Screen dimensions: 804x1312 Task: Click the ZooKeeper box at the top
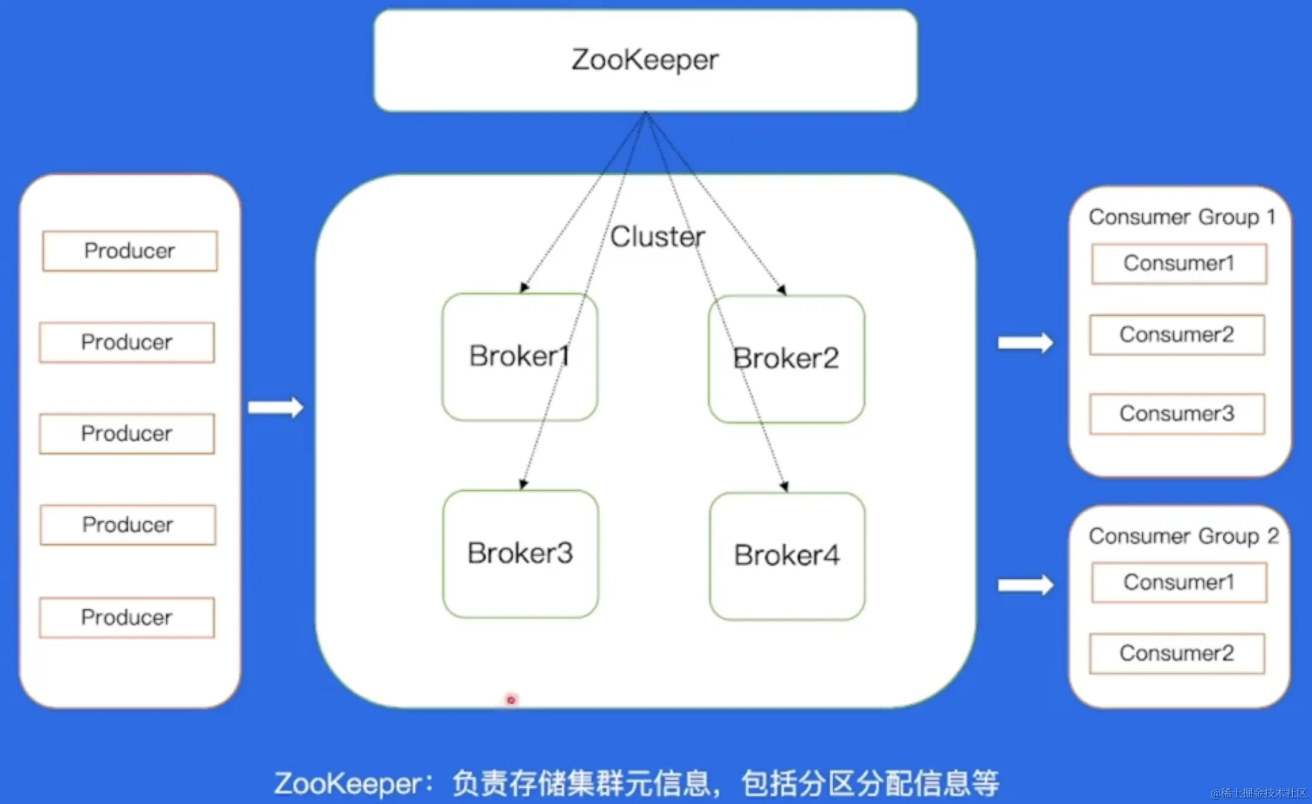pos(645,60)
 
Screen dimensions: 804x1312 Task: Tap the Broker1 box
pos(519,357)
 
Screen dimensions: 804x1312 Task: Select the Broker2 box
pos(786,359)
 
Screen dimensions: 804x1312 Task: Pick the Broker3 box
pos(520,553)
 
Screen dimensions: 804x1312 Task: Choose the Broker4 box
pos(787,556)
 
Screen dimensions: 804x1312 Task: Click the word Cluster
pos(657,236)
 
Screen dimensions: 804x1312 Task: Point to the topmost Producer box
pos(130,251)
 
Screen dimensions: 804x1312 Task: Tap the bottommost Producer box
pos(127,617)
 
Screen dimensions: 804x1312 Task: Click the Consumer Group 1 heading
pos(1181,217)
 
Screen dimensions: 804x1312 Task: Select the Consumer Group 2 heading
pos(1183,536)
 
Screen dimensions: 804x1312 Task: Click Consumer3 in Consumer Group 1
pos(1176,413)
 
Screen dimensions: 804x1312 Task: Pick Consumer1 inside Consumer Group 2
pos(1179,582)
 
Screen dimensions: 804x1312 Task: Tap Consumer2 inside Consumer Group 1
pos(1176,334)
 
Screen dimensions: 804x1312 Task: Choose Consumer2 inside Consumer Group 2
pos(1176,653)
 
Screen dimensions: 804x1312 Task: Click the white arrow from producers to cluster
pos(276,408)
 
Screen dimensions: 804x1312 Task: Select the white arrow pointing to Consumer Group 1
pos(1025,343)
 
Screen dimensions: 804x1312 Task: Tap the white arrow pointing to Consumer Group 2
pos(1025,585)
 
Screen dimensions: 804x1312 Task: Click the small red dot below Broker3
pos(511,700)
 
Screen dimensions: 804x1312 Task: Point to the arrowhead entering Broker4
pos(784,486)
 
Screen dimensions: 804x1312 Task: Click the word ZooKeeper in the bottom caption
pos(348,784)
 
